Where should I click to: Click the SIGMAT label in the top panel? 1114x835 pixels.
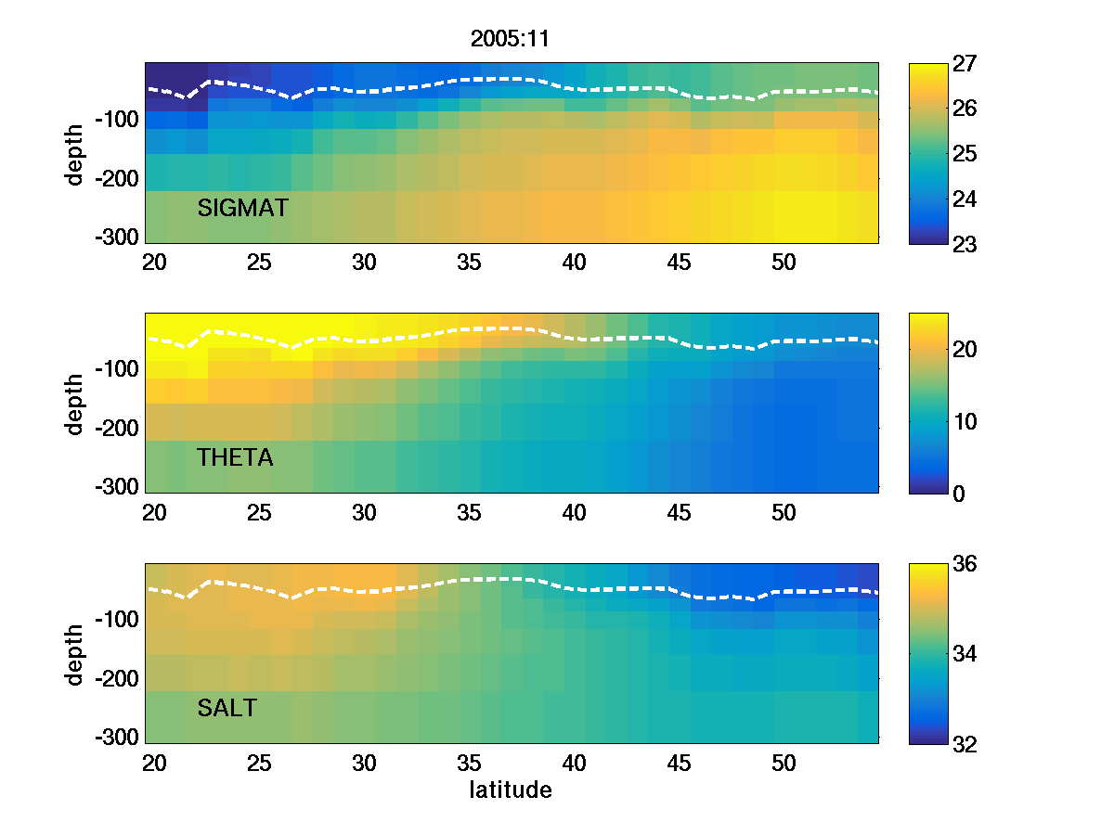pyautogui.click(x=243, y=209)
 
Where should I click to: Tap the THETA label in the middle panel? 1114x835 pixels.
pyautogui.click(x=235, y=457)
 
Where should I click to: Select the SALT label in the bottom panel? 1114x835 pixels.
pyautogui.click(x=227, y=709)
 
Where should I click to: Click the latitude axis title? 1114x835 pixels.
pyautogui.click(x=511, y=790)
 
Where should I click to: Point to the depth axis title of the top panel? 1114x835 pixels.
pyautogui.click(x=75, y=153)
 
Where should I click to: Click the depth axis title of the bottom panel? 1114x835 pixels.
pyautogui.click(x=75, y=654)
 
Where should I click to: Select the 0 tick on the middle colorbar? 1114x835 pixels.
pyautogui.click(x=956, y=494)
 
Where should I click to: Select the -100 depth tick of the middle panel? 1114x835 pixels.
pyautogui.click(x=116, y=369)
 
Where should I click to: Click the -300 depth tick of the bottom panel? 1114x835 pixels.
pyautogui.click(x=116, y=738)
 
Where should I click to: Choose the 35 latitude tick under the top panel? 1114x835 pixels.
pyautogui.click(x=470, y=263)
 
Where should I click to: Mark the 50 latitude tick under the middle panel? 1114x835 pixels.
pyautogui.click(x=784, y=513)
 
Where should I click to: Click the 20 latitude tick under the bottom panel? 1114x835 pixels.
pyautogui.click(x=154, y=764)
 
